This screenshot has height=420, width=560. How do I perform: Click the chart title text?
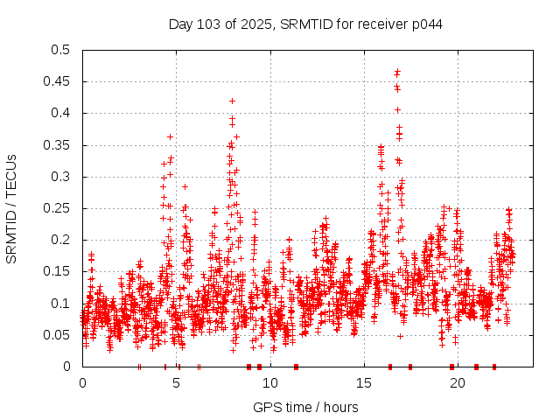tap(305, 24)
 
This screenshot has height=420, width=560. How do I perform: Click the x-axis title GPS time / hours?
tap(305, 407)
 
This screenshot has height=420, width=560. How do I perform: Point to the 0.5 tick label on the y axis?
tap(61, 50)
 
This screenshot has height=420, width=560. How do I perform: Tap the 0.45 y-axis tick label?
tap(58, 81)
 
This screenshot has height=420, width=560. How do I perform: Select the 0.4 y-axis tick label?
tap(61, 114)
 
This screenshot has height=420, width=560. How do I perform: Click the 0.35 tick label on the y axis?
tap(58, 145)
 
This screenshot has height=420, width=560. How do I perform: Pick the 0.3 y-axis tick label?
tap(61, 177)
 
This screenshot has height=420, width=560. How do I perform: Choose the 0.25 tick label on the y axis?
tap(58, 208)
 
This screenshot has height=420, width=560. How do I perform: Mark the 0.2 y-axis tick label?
tap(61, 240)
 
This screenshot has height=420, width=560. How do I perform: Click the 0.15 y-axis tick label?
tap(58, 271)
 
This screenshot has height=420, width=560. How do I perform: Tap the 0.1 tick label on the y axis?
tap(61, 304)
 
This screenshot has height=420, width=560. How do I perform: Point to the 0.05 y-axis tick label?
tap(58, 335)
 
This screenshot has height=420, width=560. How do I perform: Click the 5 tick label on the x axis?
tap(177, 382)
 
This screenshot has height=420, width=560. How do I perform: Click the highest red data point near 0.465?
tap(397, 72)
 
